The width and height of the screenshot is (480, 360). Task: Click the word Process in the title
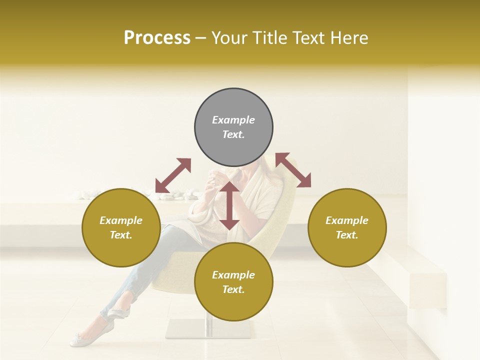coord(157,38)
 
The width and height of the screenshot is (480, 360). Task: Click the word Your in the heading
coord(229,38)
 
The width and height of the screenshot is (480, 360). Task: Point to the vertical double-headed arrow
coord(229,205)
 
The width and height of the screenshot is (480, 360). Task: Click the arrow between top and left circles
coord(173,175)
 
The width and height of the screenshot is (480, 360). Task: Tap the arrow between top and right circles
coord(293,170)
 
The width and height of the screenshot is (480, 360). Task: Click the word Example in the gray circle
coord(233,120)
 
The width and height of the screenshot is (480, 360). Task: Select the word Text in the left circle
coord(121,235)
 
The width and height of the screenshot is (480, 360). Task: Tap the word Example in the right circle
coord(347,220)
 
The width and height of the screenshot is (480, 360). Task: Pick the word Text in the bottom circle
coord(233,289)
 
